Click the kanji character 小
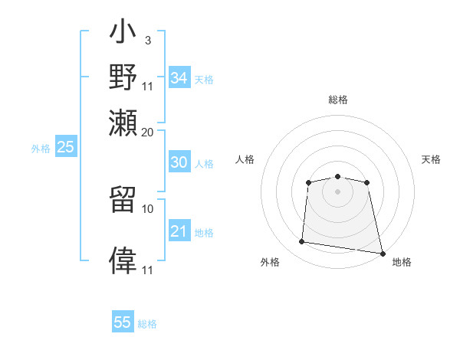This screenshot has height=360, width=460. (x=123, y=34)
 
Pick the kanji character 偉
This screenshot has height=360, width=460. (x=123, y=258)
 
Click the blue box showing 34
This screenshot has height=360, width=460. (x=179, y=78)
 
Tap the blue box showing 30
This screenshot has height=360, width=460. (x=179, y=162)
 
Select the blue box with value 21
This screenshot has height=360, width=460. (x=179, y=231)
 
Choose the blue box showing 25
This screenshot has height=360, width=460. (x=65, y=147)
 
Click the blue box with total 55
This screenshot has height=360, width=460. (x=123, y=322)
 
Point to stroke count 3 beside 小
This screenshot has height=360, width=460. (x=147, y=40)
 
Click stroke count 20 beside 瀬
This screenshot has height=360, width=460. (x=148, y=131)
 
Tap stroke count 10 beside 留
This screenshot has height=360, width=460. (x=148, y=208)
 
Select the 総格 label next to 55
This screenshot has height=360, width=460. (x=147, y=324)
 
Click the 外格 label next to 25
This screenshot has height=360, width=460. (x=41, y=149)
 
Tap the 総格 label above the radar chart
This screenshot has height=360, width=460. (x=337, y=100)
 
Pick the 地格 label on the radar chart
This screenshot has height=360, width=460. (x=402, y=262)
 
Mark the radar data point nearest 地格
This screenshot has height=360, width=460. (x=382, y=253)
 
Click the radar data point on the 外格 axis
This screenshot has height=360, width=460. (x=302, y=242)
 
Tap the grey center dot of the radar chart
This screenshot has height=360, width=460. (x=337, y=191)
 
